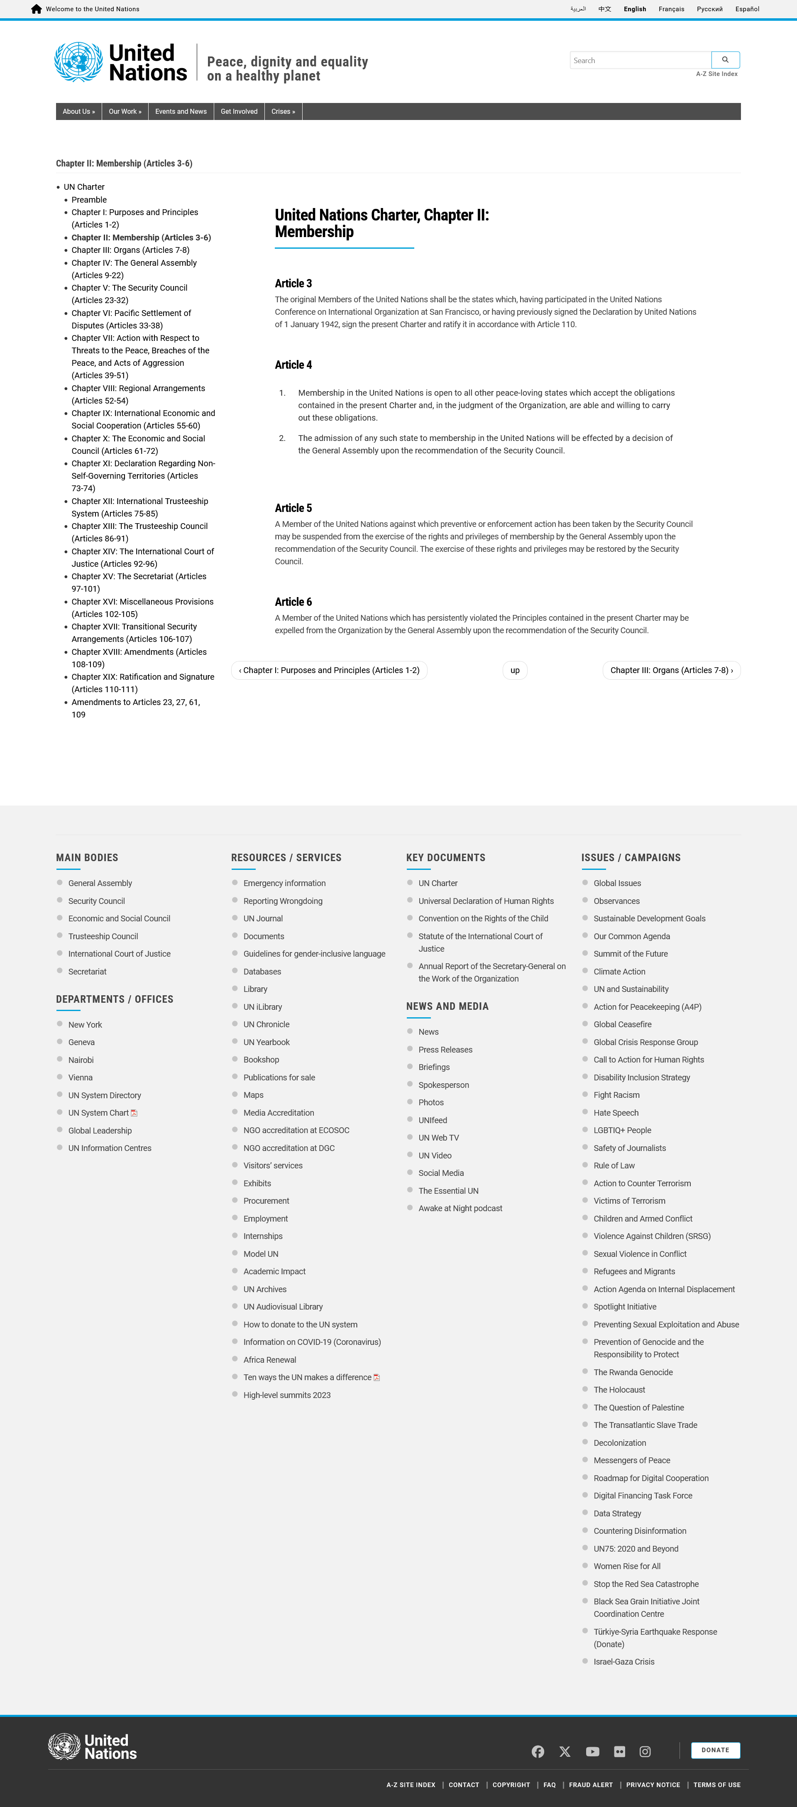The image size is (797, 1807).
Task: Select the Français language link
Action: coord(671,9)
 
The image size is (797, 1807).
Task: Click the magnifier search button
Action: coord(725,60)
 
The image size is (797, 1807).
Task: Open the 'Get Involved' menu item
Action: coord(239,112)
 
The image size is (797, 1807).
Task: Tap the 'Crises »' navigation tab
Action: coord(283,112)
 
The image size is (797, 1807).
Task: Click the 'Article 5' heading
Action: coord(293,508)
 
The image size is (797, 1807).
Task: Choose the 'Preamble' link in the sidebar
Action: coord(89,200)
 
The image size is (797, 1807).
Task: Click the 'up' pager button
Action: coord(514,671)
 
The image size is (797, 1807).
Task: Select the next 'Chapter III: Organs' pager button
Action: coord(671,671)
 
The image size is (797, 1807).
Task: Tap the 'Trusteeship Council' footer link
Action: coord(103,936)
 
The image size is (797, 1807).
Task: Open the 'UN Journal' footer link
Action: coord(263,919)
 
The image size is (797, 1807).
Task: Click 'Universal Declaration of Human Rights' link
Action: coord(486,901)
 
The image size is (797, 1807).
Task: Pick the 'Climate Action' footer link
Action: coord(619,972)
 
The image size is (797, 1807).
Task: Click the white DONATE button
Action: coord(715,1750)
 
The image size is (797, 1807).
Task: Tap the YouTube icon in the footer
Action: coord(592,1752)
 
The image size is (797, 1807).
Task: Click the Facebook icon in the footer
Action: coord(538,1752)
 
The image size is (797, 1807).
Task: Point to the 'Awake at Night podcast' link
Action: coord(460,1209)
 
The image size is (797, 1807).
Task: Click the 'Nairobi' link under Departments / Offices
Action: coord(81,1060)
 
